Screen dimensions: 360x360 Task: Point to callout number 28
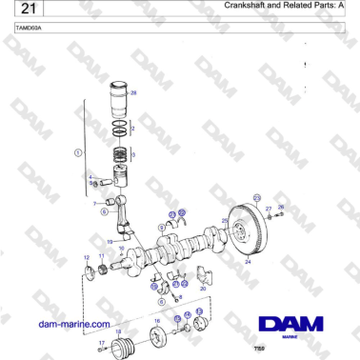click(x=133, y=92)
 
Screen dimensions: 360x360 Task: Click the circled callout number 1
click(x=78, y=151)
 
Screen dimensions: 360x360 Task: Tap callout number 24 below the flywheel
click(x=248, y=260)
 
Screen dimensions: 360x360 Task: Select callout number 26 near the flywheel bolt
click(x=280, y=207)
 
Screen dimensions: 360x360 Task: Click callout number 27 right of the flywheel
click(x=270, y=208)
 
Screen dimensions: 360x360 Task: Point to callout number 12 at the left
click(x=87, y=257)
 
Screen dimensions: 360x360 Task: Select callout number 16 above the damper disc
click(x=156, y=322)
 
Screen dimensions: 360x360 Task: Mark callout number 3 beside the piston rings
click(x=133, y=153)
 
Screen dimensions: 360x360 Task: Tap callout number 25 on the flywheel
click(x=225, y=221)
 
